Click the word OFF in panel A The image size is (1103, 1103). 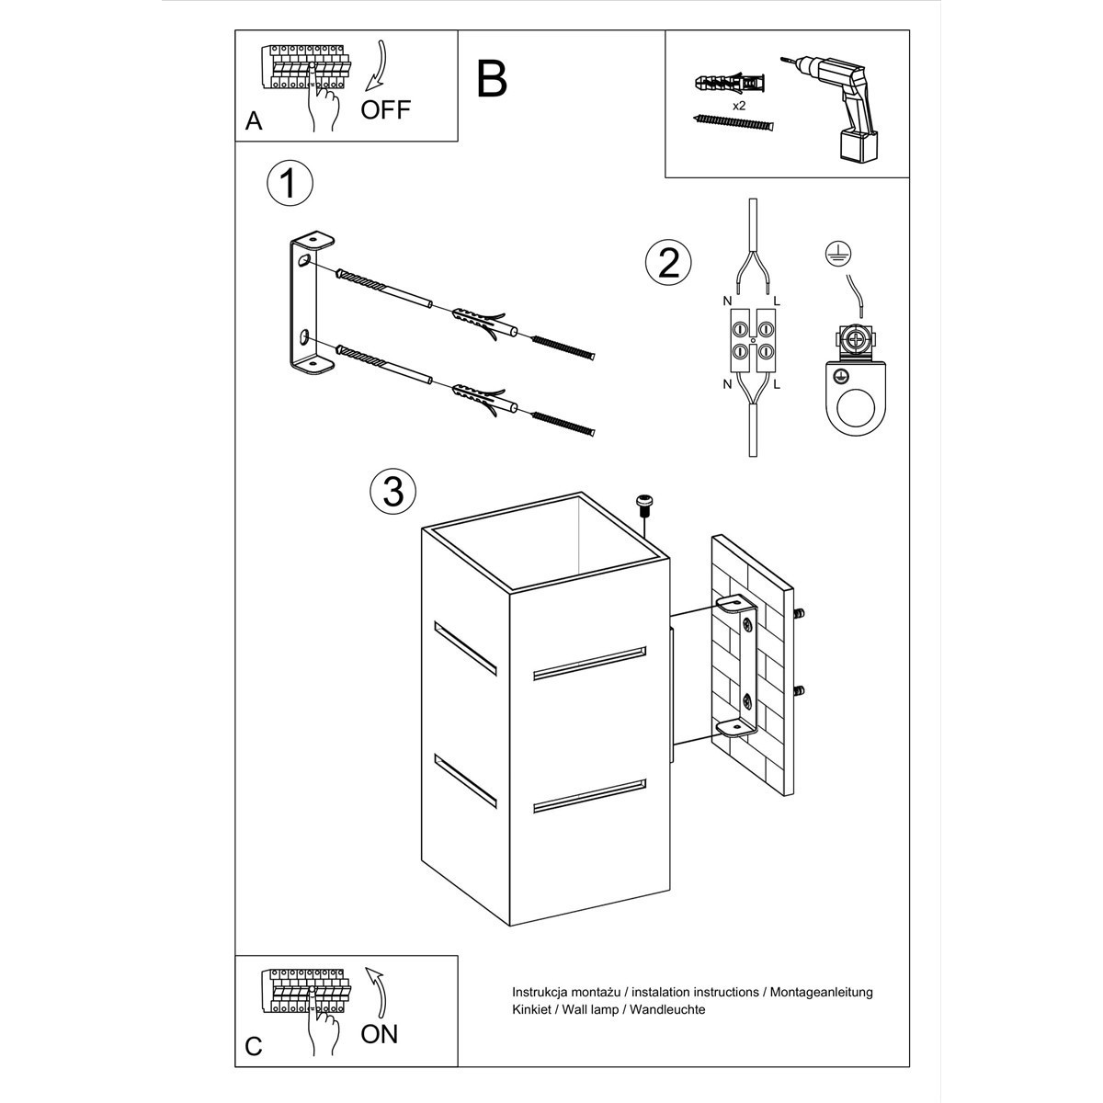click(385, 110)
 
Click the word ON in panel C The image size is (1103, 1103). click(379, 1033)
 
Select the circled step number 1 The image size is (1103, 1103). click(290, 184)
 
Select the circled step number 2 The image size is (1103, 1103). click(668, 262)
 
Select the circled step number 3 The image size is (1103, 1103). click(392, 492)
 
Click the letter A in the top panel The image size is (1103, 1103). click(255, 121)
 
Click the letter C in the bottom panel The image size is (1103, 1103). click(255, 1046)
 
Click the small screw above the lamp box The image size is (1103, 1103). click(644, 502)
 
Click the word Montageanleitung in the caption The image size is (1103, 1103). click(821, 992)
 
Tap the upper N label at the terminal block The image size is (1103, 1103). click(727, 301)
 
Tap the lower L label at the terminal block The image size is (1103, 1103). click(777, 383)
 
